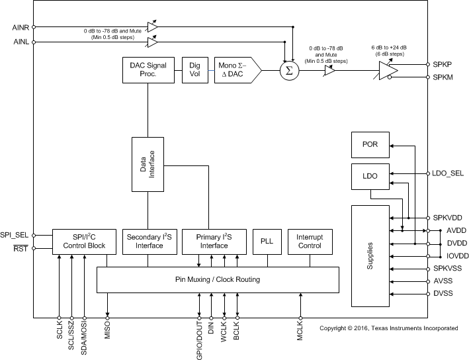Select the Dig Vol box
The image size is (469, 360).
(194, 69)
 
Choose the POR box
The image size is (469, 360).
(369, 144)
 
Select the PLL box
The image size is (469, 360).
(267, 241)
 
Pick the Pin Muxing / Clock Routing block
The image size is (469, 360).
(218, 279)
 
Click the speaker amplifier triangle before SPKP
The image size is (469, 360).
(388, 70)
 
